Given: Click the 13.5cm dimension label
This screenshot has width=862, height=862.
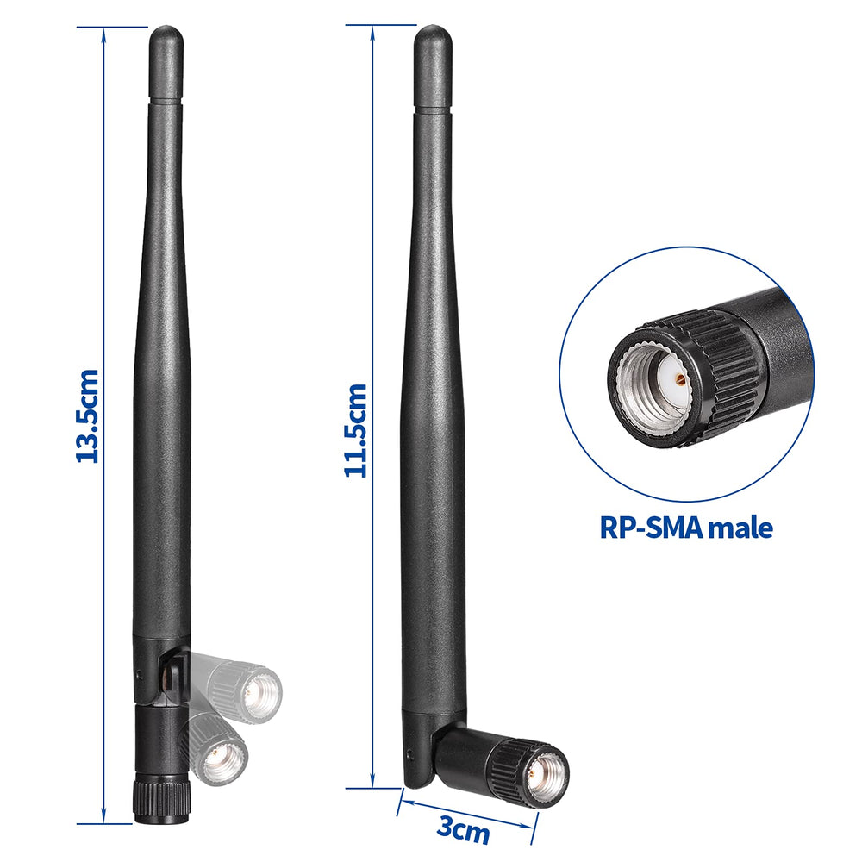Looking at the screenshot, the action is point(87,416).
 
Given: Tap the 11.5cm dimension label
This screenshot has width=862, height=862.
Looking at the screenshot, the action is point(356,430).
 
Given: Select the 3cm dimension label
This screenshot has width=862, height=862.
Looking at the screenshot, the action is point(463,829).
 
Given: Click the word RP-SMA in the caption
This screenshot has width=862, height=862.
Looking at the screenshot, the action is point(651,528).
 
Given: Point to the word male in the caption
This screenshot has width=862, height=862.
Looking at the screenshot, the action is point(740,528).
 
